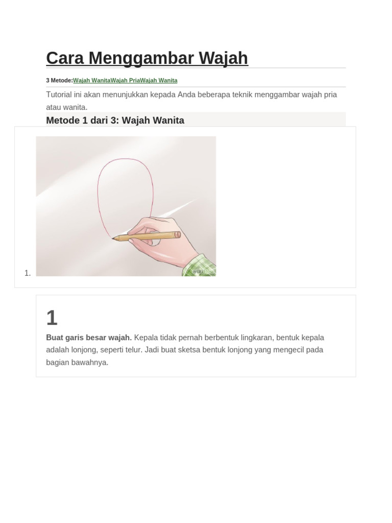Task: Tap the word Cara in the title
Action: click(x=65, y=58)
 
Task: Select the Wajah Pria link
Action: click(x=126, y=80)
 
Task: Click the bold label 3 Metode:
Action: click(x=59, y=80)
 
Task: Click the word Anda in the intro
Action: click(x=186, y=94)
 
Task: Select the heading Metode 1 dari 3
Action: click(x=115, y=121)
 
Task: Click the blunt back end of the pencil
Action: click(x=178, y=235)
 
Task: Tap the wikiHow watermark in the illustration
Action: click(x=203, y=272)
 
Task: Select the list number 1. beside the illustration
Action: click(x=28, y=273)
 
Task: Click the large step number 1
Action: click(x=52, y=318)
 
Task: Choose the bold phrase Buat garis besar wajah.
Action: click(x=89, y=338)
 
